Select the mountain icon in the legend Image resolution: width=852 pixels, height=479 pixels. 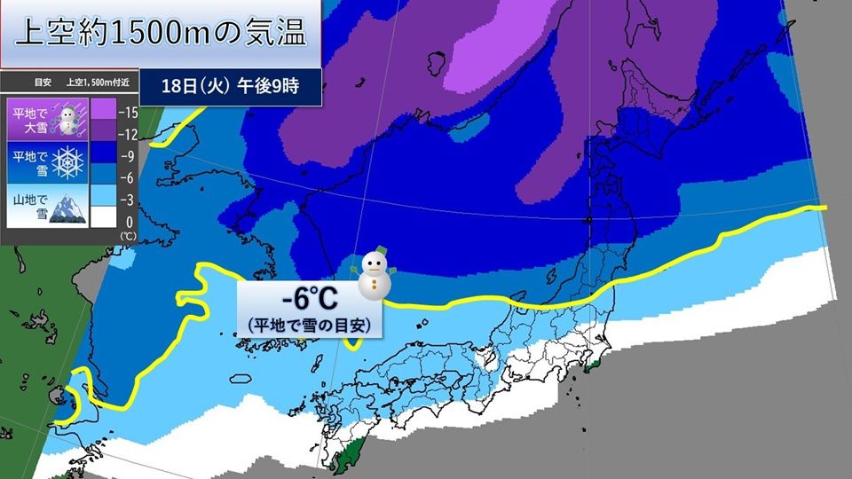coord(67,208)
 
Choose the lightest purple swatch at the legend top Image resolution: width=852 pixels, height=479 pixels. coord(104,110)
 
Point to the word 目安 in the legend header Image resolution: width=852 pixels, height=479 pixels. coord(43,82)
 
